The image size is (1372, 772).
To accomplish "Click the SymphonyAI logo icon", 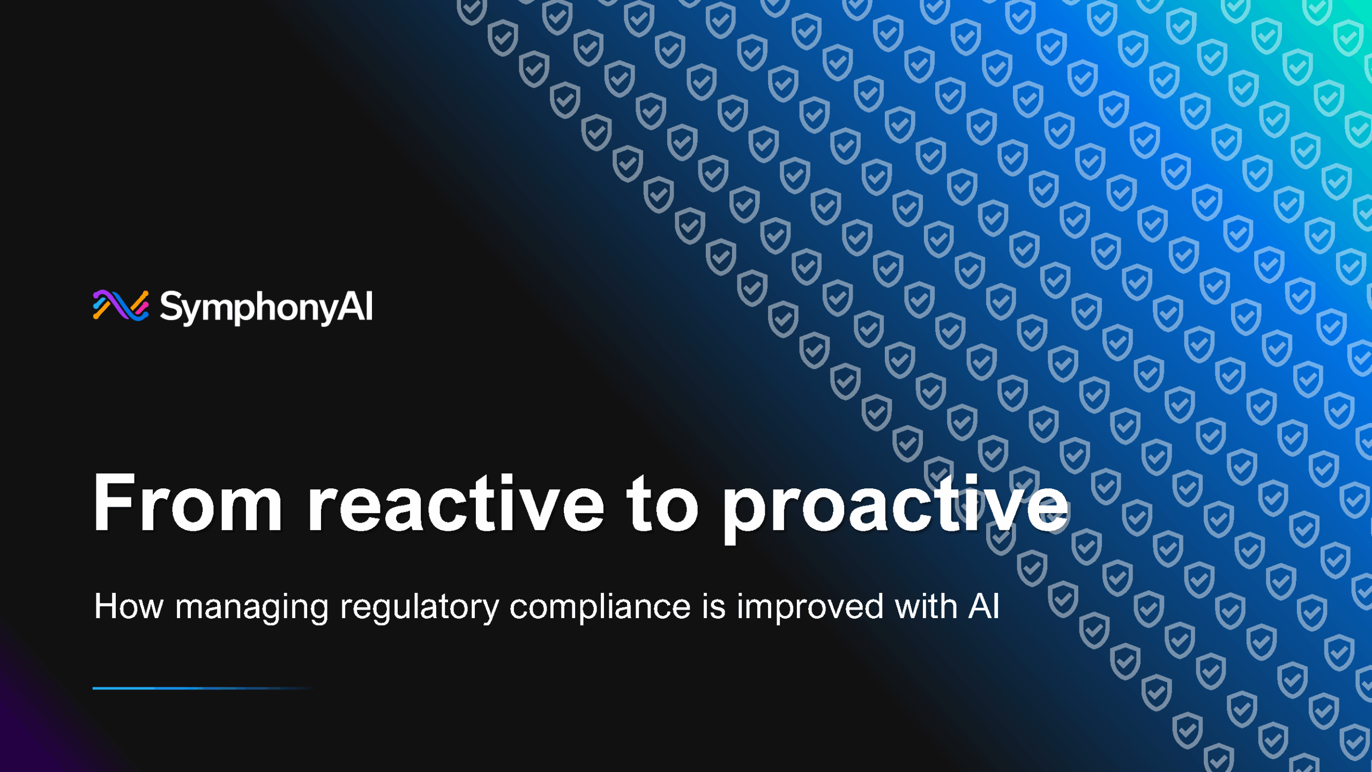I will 121,306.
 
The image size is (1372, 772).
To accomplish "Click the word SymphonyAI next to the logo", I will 266,307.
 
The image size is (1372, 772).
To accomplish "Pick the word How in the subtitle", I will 129,607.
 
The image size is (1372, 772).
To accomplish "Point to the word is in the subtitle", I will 713,607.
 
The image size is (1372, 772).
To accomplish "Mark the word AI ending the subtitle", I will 983,607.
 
